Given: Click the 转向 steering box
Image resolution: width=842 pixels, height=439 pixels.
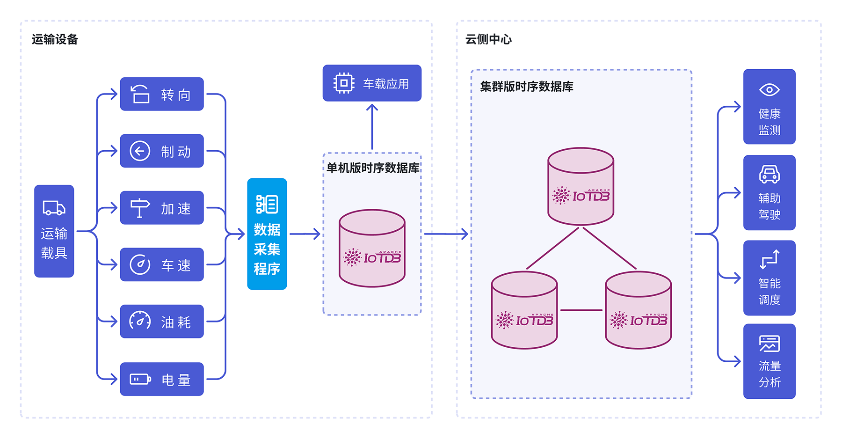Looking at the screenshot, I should pyautogui.click(x=162, y=94).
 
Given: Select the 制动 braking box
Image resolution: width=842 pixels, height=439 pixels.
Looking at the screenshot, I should pyautogui.click(x=162, y=151).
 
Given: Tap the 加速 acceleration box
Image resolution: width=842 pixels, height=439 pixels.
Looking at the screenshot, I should pyautogui.click(x=162, y=208).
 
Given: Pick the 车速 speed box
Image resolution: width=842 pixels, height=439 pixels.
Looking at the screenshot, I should pyautogui.click(x=162, y=264).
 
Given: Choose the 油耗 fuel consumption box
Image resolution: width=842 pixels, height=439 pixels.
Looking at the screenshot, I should pyautogui.click(x=162, y=322).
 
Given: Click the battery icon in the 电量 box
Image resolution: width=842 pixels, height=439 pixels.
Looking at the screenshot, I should pyautogui.click(x=140, y=379).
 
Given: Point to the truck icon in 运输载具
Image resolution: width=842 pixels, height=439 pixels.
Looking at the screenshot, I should pyautogui.click(x=54, y=208).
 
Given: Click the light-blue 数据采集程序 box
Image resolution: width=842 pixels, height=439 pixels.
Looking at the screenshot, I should pyautogui.click(x=267, y=234).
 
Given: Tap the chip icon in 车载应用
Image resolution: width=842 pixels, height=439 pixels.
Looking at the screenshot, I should pyautogui.click(x=344, y=83).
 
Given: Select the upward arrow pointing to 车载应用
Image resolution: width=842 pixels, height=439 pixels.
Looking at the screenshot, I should pyautogui.click(x=372, y=126).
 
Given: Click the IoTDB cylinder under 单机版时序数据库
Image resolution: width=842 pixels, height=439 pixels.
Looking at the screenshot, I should pyautogui.click(x=372, y=248).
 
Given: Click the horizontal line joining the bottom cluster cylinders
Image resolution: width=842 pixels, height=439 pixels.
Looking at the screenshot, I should pyautogui.click(x=581, y=310).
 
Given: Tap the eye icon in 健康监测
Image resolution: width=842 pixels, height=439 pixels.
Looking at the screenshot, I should pyautogui.click(x=769, y=89).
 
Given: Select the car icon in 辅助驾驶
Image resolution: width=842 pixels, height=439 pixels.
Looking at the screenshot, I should pyautogui.click(x=769, y=174).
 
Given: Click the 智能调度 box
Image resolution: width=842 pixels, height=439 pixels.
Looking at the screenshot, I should pyautogui.click(x=769, y=278).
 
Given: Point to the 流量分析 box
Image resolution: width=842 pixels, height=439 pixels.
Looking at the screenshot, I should pyautogui.click(x=769, y=361).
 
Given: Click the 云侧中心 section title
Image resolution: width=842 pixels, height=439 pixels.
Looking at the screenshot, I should pyautogui.click(x=488, y=39).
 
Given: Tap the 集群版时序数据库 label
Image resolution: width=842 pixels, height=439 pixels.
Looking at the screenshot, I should pyautogui.click(x=527, y=87).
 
